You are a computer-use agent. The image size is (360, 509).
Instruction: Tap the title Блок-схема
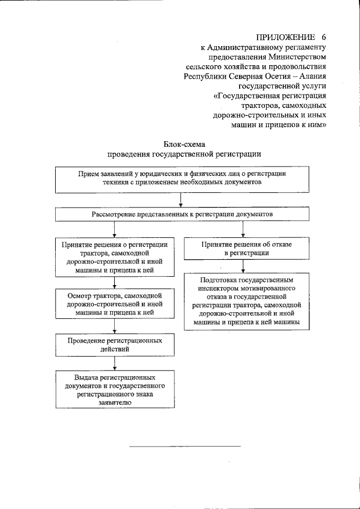[x=184, y=144]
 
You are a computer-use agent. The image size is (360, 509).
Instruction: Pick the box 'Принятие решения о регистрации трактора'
[x=115, y=257]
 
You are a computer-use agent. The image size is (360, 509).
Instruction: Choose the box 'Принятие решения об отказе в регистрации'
[x=242, y=249]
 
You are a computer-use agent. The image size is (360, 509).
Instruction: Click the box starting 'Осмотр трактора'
[x=115, y=303]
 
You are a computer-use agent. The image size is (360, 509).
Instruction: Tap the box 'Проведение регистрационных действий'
[x=115, y=345]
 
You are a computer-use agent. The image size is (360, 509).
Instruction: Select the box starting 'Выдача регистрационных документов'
[x=115, y=389]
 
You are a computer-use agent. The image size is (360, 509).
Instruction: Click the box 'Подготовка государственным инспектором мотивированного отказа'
[x=242, y=301]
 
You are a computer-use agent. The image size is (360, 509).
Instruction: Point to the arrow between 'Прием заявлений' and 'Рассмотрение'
[x=181, y=200]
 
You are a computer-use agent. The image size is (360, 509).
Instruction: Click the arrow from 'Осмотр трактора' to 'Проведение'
[x=115, y=326]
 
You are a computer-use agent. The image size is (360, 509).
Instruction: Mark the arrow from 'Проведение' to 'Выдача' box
[x=115, y=363]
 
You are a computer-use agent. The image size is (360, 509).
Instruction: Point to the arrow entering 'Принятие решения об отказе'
[x=242, y=229]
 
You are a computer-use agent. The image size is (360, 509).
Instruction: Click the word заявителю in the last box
[x=115, y=403]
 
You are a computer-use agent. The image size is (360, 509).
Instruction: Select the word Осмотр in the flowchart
[x=79, y=295]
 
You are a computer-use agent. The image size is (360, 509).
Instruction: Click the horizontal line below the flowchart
[x=185, y=446]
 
